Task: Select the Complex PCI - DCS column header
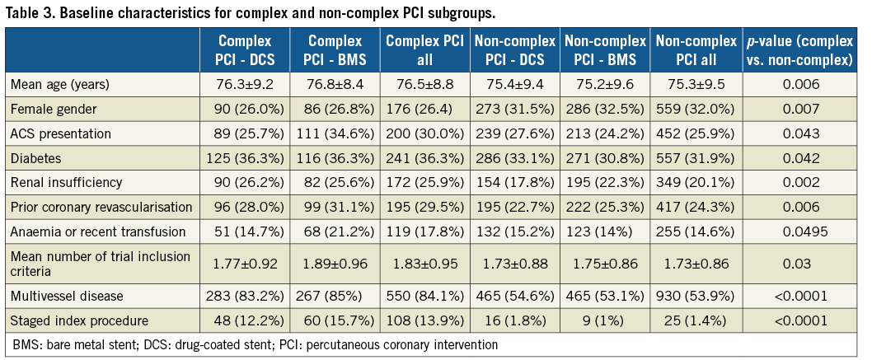244,50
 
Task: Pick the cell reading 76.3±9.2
244,84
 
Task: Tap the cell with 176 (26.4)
424,108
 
